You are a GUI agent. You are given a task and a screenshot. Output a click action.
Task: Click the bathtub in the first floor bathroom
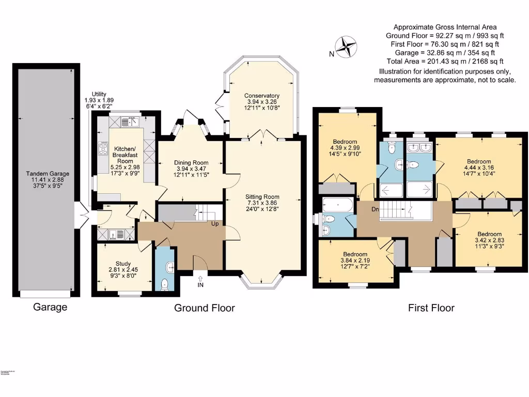point(337,205)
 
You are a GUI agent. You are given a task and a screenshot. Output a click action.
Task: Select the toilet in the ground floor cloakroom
point(165,283)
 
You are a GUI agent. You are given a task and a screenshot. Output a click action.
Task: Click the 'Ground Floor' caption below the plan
point(204,308)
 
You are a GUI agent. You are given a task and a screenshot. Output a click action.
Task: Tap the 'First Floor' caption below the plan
point(431,308)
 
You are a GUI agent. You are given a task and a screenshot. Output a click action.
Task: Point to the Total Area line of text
point(444,62)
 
